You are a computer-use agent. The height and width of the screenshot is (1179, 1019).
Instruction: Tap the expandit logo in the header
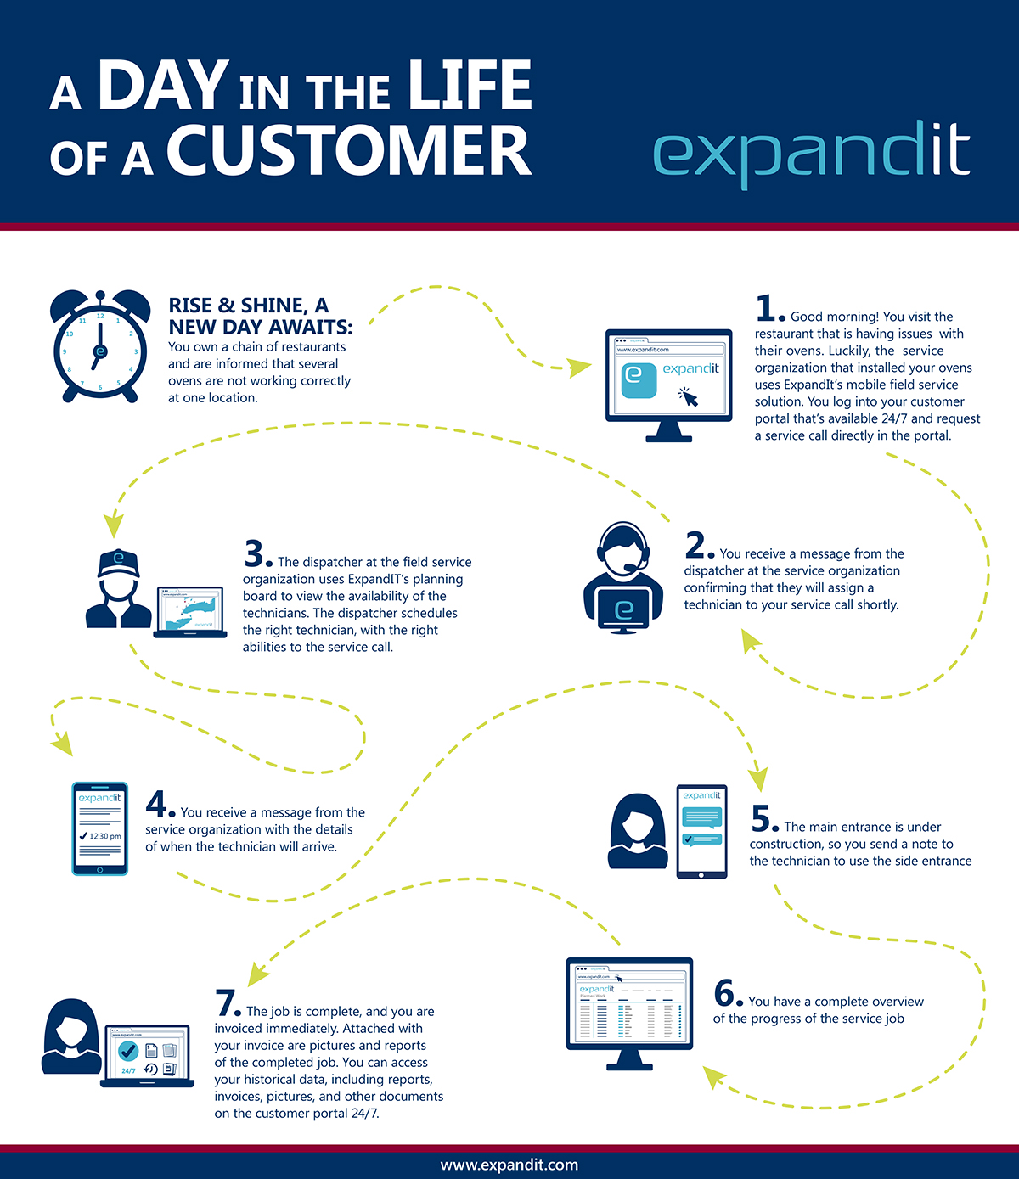(x=811, y=153)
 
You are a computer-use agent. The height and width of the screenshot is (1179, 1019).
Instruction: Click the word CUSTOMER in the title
(x=349, y=151)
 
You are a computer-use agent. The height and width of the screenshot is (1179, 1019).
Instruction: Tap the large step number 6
(x=725, y=992)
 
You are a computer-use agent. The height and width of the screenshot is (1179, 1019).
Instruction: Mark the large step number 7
(x=227, y=1002)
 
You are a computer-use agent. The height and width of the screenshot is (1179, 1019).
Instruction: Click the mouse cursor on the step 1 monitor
(x=688, y=396)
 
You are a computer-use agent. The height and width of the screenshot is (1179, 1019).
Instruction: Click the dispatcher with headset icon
(x=623, y=577)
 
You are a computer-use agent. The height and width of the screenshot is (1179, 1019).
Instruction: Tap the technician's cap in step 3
(x=118, y=562)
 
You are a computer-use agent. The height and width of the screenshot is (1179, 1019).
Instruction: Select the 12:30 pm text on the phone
(x=104, y=836)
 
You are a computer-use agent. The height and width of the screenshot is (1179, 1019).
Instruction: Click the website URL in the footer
(x=509, y=1165)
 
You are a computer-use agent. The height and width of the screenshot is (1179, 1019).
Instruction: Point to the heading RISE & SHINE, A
(x=248, y=306)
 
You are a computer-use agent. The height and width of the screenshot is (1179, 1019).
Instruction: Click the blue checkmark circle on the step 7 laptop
(x=128, y=1052)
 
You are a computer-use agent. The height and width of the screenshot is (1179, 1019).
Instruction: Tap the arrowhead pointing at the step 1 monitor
(x=580, y=368)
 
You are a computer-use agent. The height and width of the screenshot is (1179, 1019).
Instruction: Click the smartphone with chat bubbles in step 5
(x=701, y=831)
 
